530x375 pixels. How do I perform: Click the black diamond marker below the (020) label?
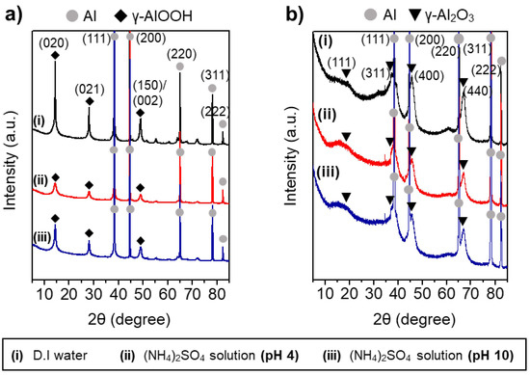[55, 57]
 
